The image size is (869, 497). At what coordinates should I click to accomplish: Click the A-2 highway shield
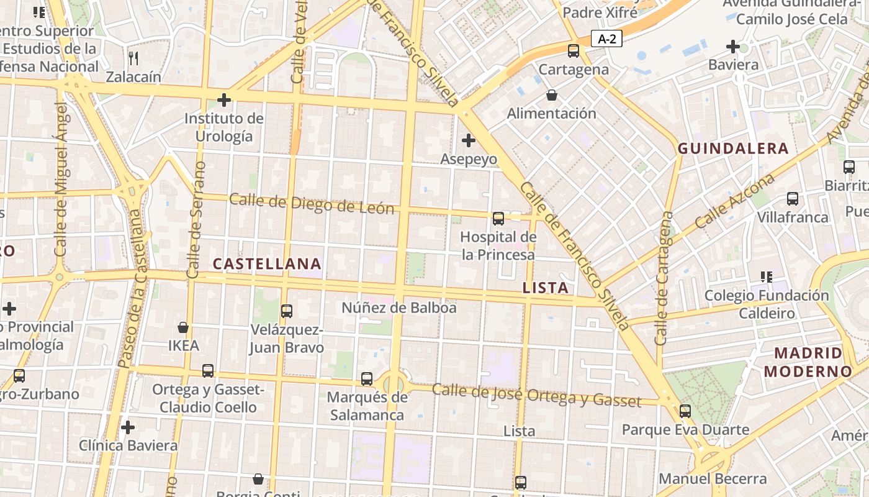click(x=606, y=39)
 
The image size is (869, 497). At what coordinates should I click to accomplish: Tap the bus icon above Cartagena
click(x=574, y=51)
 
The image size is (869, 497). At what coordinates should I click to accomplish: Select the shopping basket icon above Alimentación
click(x=551, y=95)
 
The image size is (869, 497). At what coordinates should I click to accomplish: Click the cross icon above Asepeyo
click(x=469, y=140)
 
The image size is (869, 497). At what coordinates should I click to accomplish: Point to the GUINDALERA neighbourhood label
click(x=733, y=148)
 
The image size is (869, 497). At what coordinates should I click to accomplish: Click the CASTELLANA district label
click(x=267, y=264)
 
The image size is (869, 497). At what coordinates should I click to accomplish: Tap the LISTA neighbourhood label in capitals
click(x=546, y=288)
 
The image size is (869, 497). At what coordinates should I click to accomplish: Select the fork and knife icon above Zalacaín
click(x=133, y=58)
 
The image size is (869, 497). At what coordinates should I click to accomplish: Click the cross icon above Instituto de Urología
click(x=224, y=99)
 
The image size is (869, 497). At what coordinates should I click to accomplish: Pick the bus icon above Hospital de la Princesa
click(x=498, y=218)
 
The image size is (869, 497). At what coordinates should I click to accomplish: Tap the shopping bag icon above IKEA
click(x=183, y=327)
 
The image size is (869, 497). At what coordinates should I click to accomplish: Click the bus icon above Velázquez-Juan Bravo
click(x=287, y=311)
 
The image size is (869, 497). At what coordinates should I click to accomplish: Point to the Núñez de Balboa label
click(x=399, y=308)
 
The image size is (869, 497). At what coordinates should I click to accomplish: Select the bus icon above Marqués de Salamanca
click(x=367, y=378)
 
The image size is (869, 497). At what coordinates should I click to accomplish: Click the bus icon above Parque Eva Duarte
click(x=685, y=411)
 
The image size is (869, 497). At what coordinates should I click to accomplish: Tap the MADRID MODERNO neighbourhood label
click(x=808, y=362)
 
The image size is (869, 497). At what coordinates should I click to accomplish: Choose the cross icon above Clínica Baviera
click(x=128, y=427)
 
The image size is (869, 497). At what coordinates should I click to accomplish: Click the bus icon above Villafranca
click(x=793, y=199)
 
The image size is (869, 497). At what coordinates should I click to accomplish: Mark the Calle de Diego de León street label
click(x=312, y=204)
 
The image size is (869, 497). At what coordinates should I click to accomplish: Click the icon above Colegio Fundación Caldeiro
click(x=767, y=277)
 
